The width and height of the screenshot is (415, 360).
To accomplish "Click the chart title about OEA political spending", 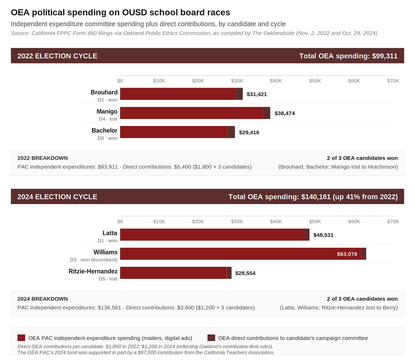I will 120,13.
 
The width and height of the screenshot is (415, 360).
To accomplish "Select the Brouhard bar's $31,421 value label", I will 257,94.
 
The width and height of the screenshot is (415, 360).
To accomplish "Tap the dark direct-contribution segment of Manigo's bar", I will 267,113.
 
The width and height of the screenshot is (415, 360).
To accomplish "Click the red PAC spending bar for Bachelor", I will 174,132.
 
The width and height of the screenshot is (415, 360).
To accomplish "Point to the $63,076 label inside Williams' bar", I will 347,254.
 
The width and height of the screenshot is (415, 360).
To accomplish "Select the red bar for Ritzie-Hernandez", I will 173,273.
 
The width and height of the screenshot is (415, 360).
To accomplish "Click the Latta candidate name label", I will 110,233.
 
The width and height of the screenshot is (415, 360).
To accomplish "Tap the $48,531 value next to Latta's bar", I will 323,235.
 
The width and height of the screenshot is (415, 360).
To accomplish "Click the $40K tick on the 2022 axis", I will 276,81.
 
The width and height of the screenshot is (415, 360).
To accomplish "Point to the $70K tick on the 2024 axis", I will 393,222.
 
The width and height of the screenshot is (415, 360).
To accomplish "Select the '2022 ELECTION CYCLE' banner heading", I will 57,56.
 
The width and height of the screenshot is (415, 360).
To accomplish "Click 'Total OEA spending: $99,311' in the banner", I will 348,56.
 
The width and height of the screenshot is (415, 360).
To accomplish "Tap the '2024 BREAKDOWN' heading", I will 42,299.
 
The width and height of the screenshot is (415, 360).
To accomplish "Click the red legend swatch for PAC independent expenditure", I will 21,338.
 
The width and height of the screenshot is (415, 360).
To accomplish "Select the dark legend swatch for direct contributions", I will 211,338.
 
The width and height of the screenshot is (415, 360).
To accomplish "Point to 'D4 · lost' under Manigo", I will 108,119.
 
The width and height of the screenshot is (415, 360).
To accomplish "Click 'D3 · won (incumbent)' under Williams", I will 93,260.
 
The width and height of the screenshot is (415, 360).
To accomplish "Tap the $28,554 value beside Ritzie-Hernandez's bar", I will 245,273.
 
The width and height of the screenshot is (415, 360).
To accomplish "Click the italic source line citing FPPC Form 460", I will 194,33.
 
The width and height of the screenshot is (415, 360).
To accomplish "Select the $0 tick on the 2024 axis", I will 120,222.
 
